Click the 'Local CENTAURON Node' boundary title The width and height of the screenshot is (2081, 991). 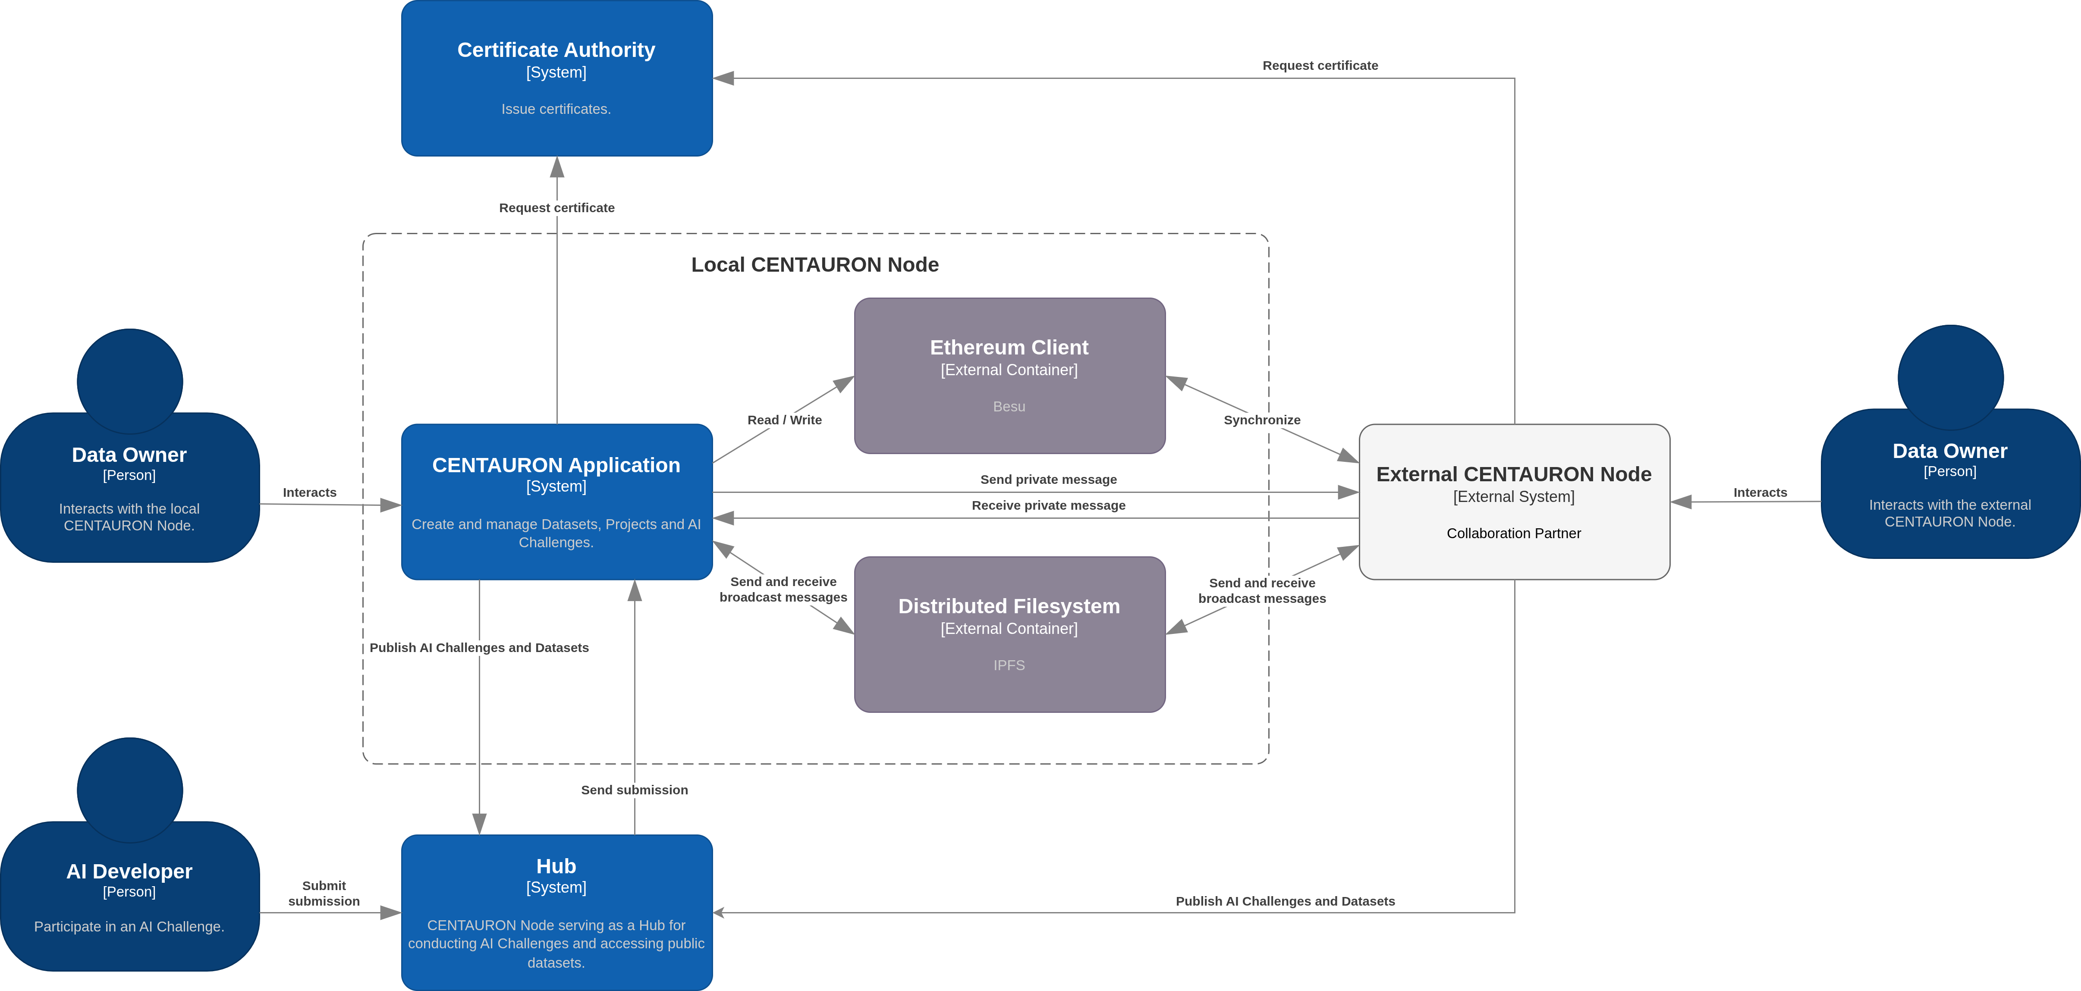click(x=814, y=265)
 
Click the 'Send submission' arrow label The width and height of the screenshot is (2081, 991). click(x=634, y=790)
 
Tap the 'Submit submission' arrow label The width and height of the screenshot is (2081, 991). click(x=324, y=893)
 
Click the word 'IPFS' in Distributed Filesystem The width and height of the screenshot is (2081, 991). click(x=1009, y=665)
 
